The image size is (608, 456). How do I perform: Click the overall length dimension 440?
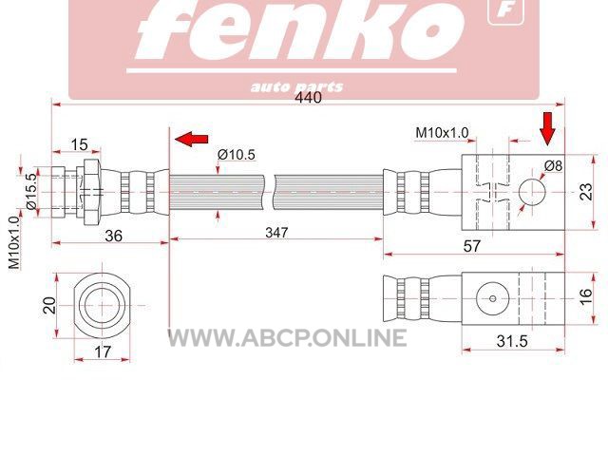pyautogui.click(x=308, y=97)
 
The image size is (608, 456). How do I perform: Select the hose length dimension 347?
pyautogui.click(x=276, y=233)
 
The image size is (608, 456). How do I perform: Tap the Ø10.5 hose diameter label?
pyautogui.click(x=237, y=155)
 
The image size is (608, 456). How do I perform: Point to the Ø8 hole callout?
pyautogui.click(x=553, y=166)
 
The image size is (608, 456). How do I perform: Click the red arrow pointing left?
pyautogui.click(x=192, y=139)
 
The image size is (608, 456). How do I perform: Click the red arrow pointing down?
pyautogui.click(x=547, y=129)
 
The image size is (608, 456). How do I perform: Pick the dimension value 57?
pyautogui.click(x=472, y=246)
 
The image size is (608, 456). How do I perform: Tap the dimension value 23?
pyautogui.click(x=586, y=192)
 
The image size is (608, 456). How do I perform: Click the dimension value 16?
pyautogui.click(x=586, y=296)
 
